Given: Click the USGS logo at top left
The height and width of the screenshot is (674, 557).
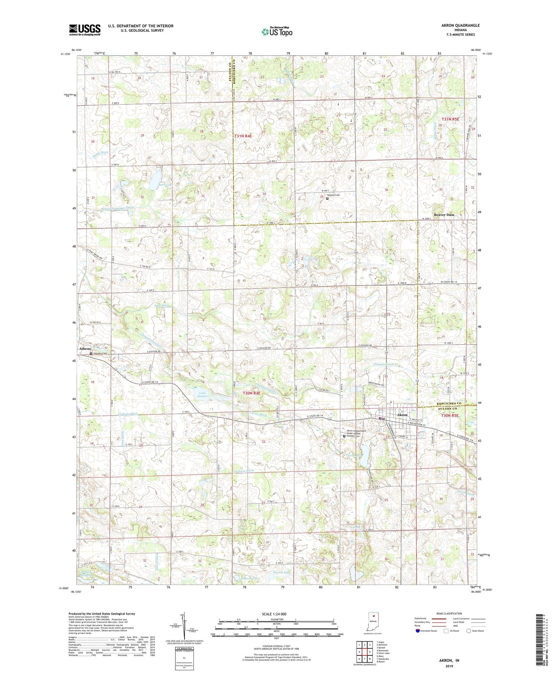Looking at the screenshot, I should [85, 29].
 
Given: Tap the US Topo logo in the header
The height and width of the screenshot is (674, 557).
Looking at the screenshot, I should [276, 32].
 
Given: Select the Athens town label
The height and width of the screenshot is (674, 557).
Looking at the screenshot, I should [85, 349].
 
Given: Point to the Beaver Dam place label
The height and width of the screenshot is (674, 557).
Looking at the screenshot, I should [444, 215].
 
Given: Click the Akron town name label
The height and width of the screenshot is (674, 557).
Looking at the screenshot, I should [402, 415].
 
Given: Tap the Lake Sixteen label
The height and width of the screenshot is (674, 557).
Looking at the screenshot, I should [202, 394].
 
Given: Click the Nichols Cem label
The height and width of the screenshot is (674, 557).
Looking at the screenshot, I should [333, 195].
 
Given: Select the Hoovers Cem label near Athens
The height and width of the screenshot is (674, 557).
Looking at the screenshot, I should [100, 353].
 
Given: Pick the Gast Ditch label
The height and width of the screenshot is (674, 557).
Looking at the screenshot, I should [162, 305].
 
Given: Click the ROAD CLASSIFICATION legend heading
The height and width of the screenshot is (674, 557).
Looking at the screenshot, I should [449, 613].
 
